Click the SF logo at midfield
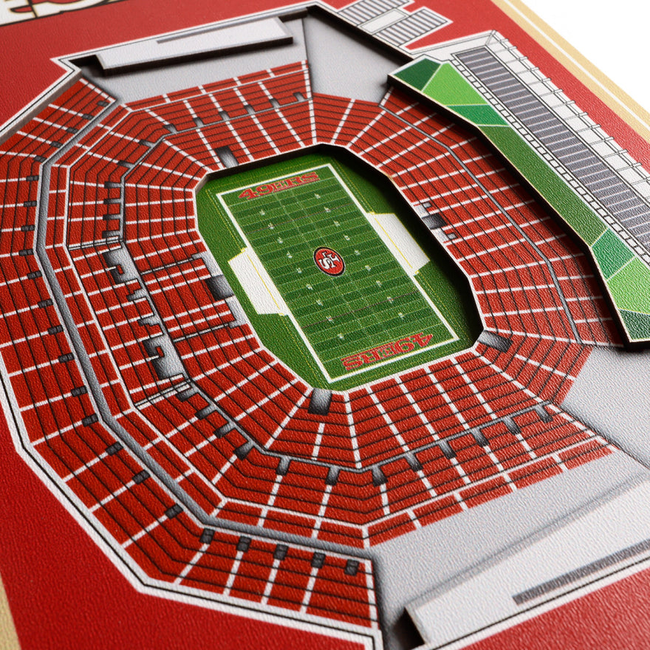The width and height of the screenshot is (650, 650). coord(329,261)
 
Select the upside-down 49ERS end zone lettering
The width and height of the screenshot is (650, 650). coord(386,351)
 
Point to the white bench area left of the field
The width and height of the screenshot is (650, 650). coord(255,281)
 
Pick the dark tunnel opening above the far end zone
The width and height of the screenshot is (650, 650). coord(226,156)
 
